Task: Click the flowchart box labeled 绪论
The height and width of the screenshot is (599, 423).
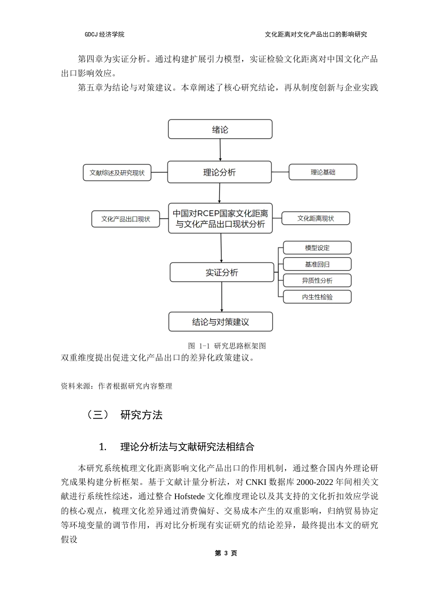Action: [x=220, y=129]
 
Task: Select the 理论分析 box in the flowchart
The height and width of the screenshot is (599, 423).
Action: [x=219, y=172]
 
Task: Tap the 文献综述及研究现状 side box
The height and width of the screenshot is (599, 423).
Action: [x=117, y=173]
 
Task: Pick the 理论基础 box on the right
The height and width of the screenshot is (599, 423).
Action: [x=323, y=172]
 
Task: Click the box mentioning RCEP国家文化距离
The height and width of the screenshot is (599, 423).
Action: [x=220, y=218]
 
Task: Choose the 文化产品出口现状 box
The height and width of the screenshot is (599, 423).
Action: [x=126, y=219]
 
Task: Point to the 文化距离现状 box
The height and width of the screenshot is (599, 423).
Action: [x=316, y=218]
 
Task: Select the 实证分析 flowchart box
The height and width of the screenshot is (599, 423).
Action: [x=222, y=272]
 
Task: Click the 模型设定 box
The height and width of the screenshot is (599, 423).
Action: [x=317, y=248]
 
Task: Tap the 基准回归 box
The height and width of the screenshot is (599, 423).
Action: [x=317, y=264]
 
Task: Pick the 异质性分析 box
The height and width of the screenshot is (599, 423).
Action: [x=317, y=280]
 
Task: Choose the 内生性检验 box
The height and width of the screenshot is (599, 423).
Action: [x=317, y=297]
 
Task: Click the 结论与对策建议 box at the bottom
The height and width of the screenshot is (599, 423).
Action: [x=220, y=322]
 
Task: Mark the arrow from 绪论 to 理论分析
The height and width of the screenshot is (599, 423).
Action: [x=220, y=150]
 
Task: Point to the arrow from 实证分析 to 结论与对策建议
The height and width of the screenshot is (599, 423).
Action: [x=222, y=297]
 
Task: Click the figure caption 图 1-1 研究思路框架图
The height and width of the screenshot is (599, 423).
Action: [x=227, y=346]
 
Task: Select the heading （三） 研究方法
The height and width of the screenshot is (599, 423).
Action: [x=125, y=415]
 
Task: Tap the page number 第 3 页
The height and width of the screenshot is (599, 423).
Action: [x=226, y=553]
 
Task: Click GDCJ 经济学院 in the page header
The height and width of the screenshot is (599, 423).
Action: [x=105, y=34]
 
